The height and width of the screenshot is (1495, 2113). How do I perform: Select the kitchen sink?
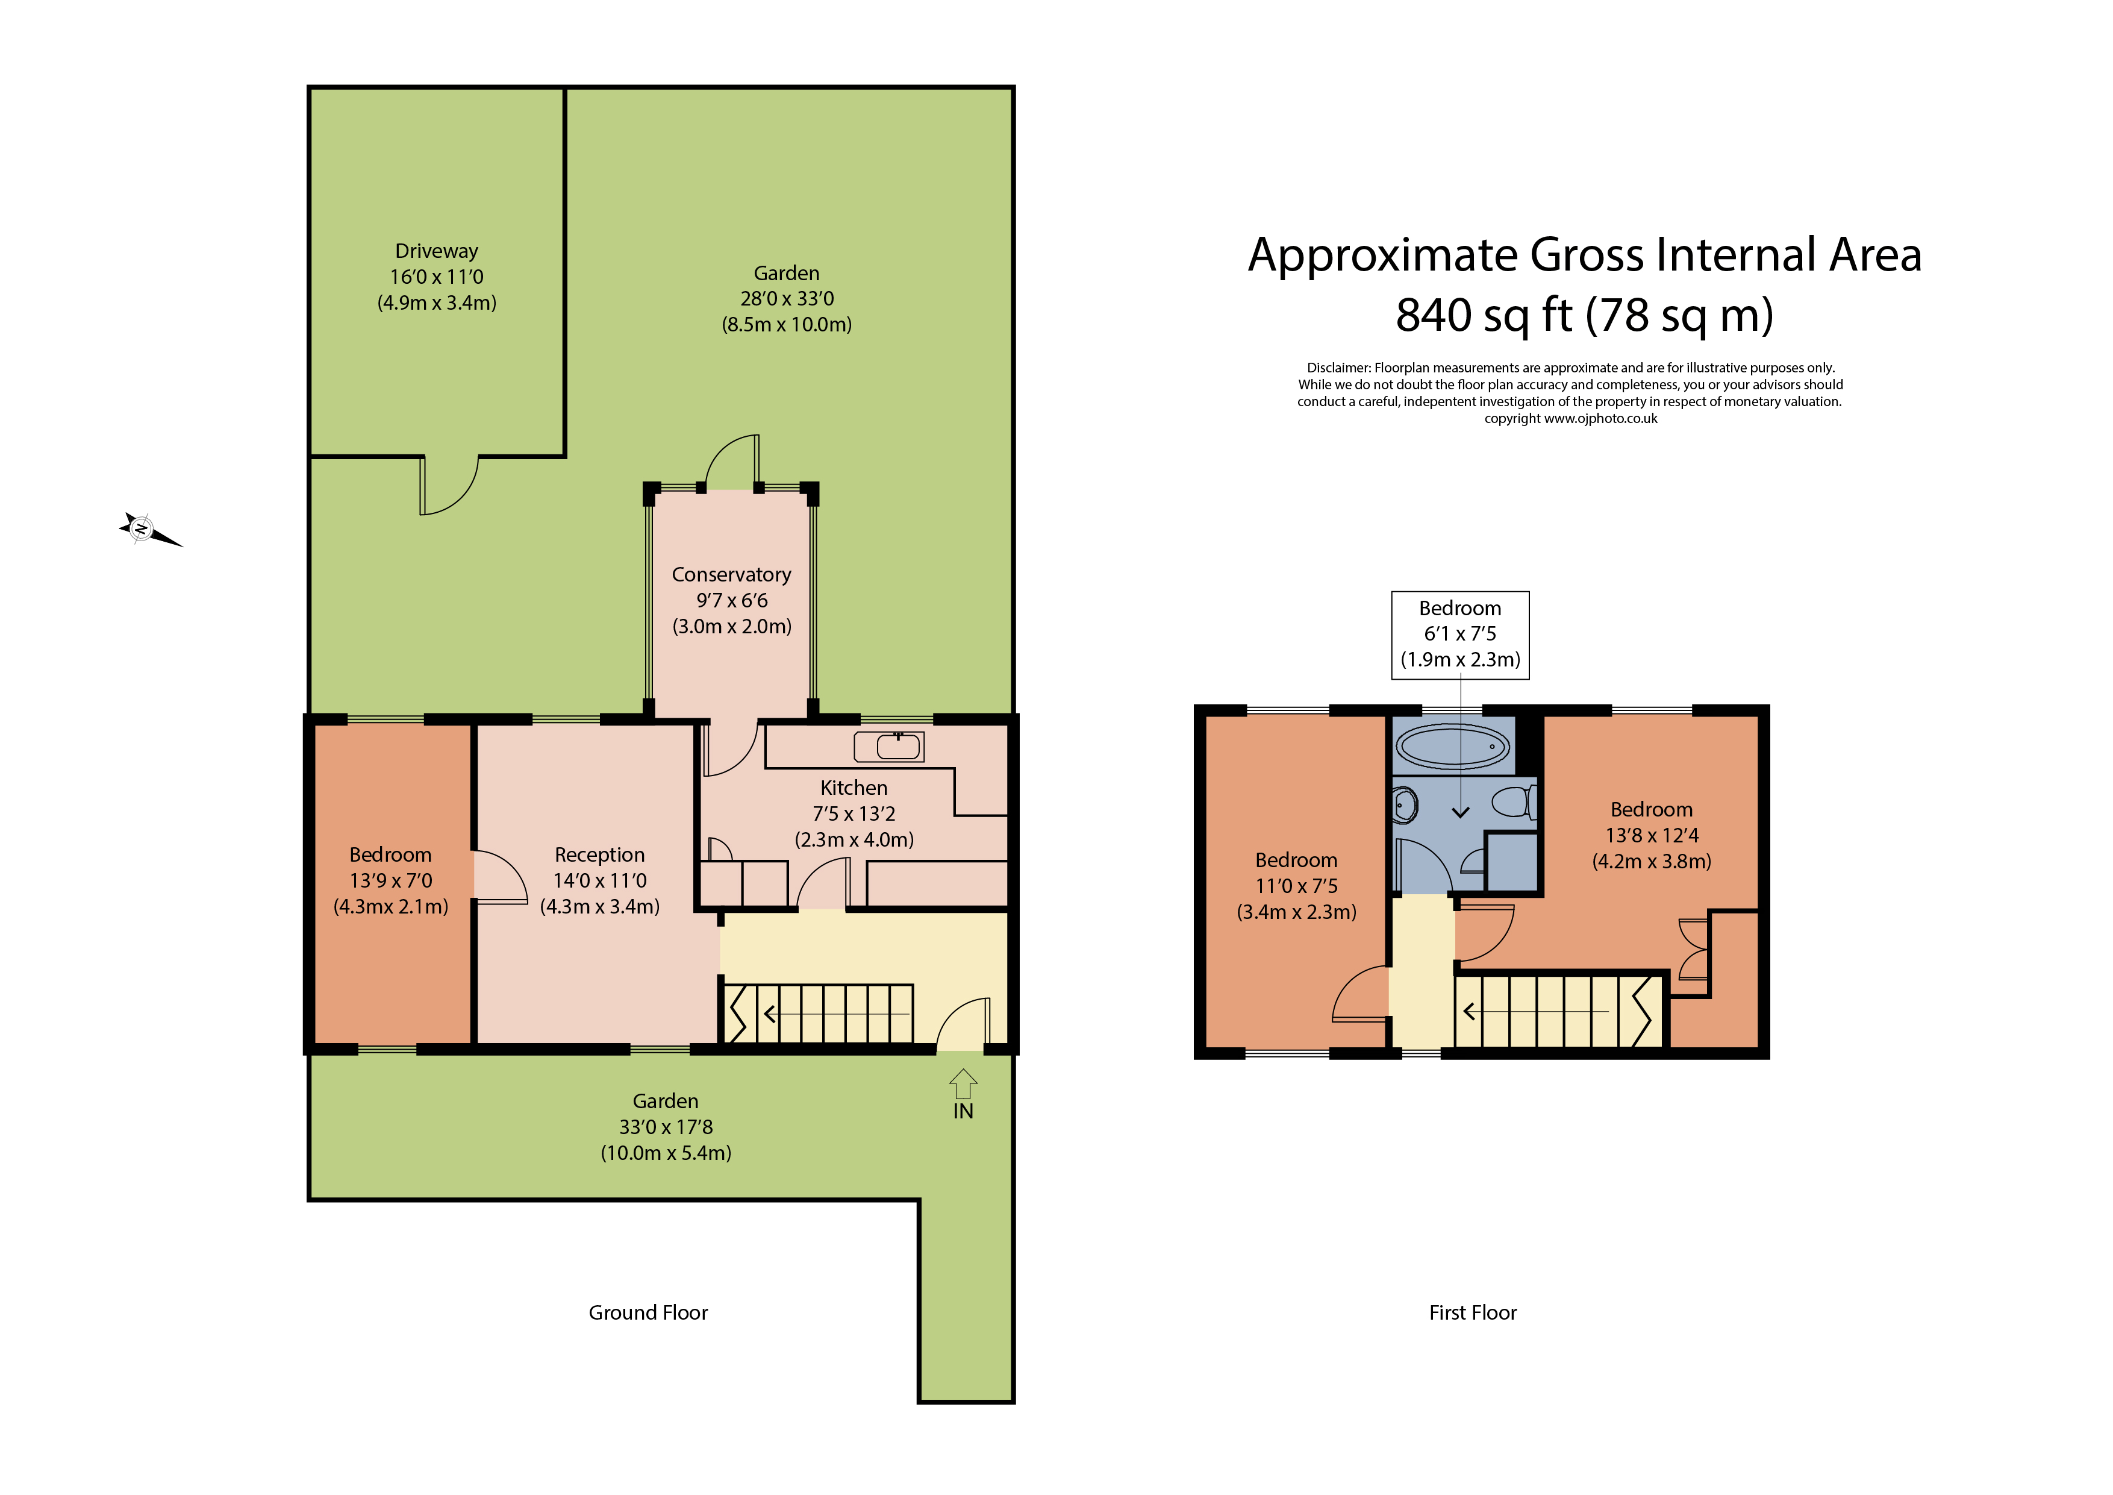[x=889, y=747]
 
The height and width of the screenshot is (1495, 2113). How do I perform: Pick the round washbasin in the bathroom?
[x=1405, y=806]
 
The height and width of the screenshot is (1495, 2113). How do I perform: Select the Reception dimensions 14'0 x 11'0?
[x=599, y=881]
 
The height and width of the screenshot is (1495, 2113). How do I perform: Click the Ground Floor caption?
[x=648, y=1313]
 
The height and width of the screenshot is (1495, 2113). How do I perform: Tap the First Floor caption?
[x=1473, y=1313]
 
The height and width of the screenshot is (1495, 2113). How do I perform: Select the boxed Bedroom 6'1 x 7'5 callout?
[x=1459, y=635]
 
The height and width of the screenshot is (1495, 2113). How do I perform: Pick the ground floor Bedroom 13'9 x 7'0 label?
[x=390, y=881]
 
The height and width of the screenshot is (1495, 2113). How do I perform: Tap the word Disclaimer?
[x=1338, y=368]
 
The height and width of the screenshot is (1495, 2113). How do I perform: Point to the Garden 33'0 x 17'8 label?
[x=666, y=1127]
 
